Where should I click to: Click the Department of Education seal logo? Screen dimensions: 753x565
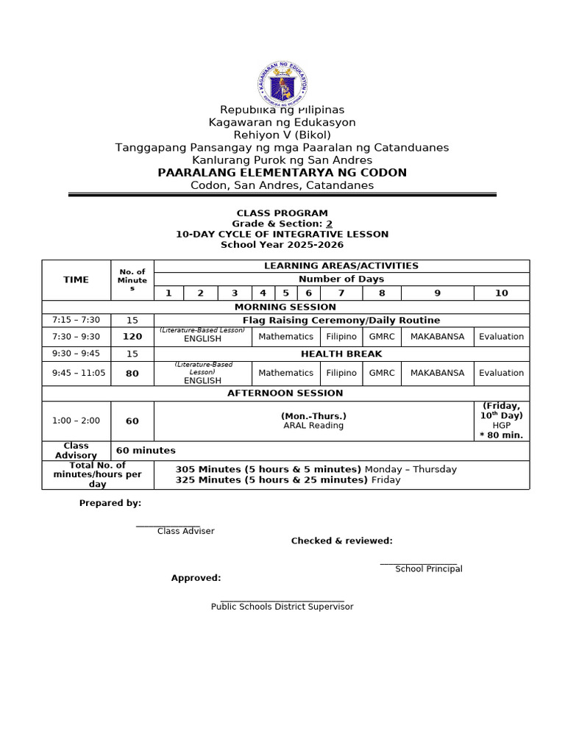282,85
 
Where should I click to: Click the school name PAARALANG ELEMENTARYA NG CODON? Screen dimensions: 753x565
282,172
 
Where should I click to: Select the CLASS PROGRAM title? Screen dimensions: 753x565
282,213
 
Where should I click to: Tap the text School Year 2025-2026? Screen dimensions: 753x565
282,244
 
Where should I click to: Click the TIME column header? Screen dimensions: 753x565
76,279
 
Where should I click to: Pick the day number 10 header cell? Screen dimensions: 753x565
501,293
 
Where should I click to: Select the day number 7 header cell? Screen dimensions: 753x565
341,293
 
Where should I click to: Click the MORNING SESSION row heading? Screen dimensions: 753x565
285,307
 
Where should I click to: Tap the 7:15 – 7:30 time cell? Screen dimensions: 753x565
76,320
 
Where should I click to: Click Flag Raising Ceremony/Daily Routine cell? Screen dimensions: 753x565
341,320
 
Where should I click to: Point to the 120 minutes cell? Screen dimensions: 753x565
132,336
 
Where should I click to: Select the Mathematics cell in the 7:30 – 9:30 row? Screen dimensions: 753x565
285,336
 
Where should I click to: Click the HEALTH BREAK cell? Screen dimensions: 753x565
341,354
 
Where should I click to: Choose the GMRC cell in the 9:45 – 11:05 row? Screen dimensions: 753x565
382,373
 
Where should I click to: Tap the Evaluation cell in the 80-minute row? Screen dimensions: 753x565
501,373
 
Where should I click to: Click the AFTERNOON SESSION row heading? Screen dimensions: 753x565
285,393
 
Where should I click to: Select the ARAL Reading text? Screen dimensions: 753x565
313,426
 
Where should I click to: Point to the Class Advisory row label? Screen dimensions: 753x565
76,450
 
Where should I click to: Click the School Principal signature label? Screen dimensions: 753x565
428,568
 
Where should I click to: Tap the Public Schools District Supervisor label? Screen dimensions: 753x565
282,607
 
